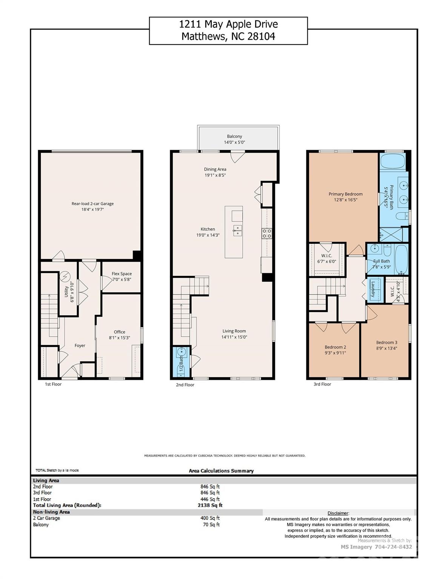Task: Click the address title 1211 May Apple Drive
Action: click(x=228, y=25)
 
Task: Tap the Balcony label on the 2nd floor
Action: click(x=234, y=136)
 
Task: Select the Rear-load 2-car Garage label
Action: click(x=92, y=204)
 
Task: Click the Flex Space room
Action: click(x=122, y=277)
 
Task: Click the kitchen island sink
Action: click(x=237, y=230)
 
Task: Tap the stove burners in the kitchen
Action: click(x=267, y=233)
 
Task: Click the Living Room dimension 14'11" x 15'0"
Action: click(x=234, y=337)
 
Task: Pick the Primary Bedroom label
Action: click(x=345, y=194)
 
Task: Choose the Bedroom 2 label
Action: click(x=335, y=347)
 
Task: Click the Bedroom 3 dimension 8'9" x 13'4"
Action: click(x=386, y=348)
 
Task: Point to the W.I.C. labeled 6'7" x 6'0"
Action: click(x=326, y=259)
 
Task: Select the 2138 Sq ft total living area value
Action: click(x=210, y=505)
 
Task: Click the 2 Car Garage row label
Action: click(x=46, y=518)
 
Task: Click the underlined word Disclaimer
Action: click(x=338, y=513)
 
